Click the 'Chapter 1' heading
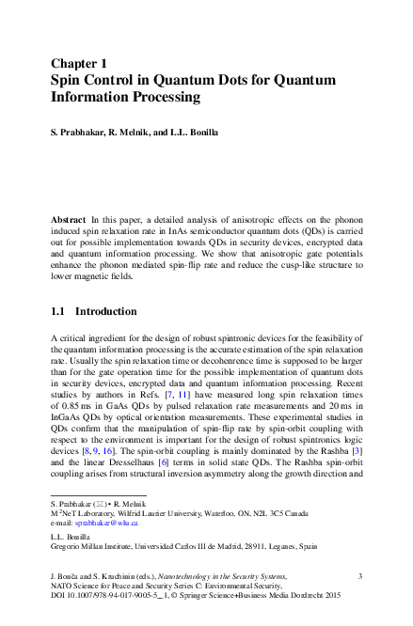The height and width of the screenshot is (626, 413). coord(80,63)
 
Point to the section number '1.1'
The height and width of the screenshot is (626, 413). coord(58,311)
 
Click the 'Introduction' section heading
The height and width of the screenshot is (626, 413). coord(105,311)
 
